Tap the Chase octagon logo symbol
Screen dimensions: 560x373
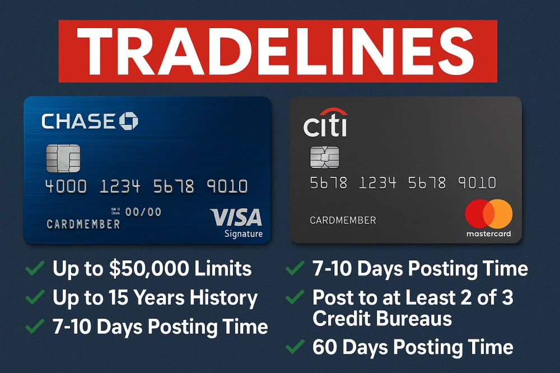click(x=128, y=121)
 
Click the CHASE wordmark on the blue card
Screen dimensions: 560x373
click(x=78, y=122)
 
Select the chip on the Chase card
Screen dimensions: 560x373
click(x=63, y=158)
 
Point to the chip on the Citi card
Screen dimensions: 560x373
click(x=324, y=157)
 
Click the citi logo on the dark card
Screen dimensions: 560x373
click(x=325, y=123)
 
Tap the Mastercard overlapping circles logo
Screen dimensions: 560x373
click(x=488, y=214)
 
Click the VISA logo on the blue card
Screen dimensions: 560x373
click(x=236, y=217)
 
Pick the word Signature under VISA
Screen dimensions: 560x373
click(x=244, y=234)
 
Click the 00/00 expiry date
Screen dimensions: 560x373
click(x=143, y=212)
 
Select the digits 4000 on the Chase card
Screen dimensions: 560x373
click(x=66, y=186)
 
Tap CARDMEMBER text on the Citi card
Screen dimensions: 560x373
click(x=343, y=220)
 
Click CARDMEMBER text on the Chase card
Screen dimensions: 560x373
click(x=83, y=225)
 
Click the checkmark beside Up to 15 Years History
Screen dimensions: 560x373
click(x=35, y=297)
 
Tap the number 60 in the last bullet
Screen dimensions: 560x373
click(x=325, y=347)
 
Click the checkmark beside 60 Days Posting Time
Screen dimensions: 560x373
click(x=295, y=347)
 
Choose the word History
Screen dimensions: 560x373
click(x=223, y=297)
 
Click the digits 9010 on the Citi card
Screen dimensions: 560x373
click(x=477, y=183)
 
